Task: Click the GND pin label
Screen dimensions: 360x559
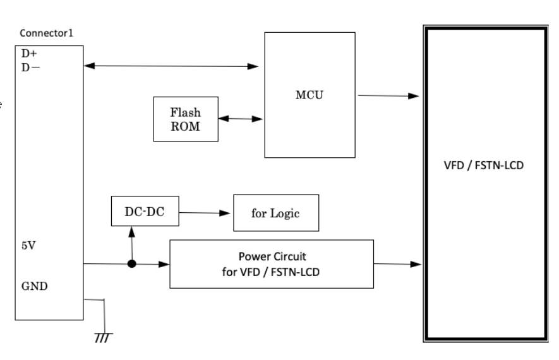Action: tap(35, 285)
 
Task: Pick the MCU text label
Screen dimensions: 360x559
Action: tap(310, 95)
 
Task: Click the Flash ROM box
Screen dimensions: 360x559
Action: tap(186, 119)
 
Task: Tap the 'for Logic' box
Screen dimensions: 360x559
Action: tap(275, 213)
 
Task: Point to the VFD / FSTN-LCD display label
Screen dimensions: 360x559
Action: tap(484, 168)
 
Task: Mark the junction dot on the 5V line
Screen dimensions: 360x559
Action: tap(131, 264)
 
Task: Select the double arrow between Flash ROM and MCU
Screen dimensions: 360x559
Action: tap(241, 118)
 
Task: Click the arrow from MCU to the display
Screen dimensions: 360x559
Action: tap(388, 96)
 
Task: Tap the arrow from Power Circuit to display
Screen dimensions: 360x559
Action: tap(397, 264)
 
